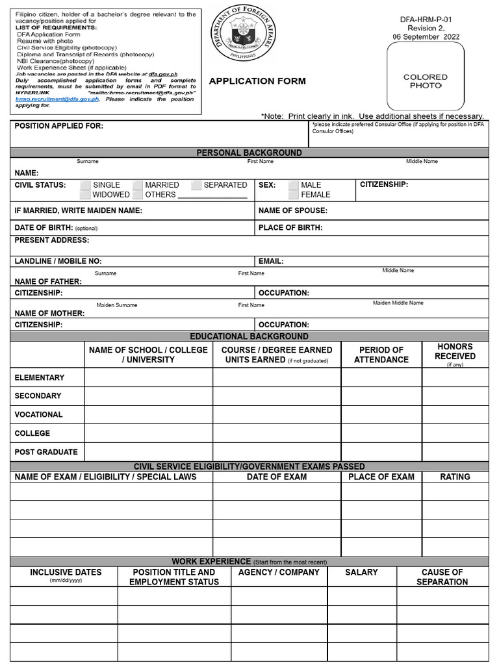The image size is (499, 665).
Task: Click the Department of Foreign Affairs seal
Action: [244, 36]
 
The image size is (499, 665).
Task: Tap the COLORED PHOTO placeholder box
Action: [426, 81]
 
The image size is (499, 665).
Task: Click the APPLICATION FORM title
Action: [248, 81]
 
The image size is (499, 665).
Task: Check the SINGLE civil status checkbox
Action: [85, 185]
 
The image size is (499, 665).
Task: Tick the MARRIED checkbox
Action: [137, 185]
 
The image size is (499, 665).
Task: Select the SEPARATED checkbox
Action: [196, 185]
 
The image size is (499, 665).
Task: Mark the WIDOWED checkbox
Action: [85, 195]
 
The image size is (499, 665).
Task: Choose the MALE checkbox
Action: [294, 185]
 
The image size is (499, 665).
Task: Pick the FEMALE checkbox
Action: [294, 195]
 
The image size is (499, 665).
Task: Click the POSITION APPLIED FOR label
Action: [58, 126]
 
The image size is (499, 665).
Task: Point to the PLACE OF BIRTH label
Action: [290, 228]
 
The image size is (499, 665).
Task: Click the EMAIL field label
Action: [271, 261]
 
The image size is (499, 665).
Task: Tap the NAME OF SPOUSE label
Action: [292, 210]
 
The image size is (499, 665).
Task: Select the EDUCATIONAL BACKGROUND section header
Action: [249, 336]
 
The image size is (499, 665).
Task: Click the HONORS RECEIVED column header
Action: [455, 352]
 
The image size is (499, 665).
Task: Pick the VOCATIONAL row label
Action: [39, 414]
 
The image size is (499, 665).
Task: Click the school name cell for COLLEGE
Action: [148, 433]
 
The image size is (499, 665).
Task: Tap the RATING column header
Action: [455, 477]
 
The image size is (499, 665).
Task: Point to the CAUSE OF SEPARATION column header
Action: [442, 577]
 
